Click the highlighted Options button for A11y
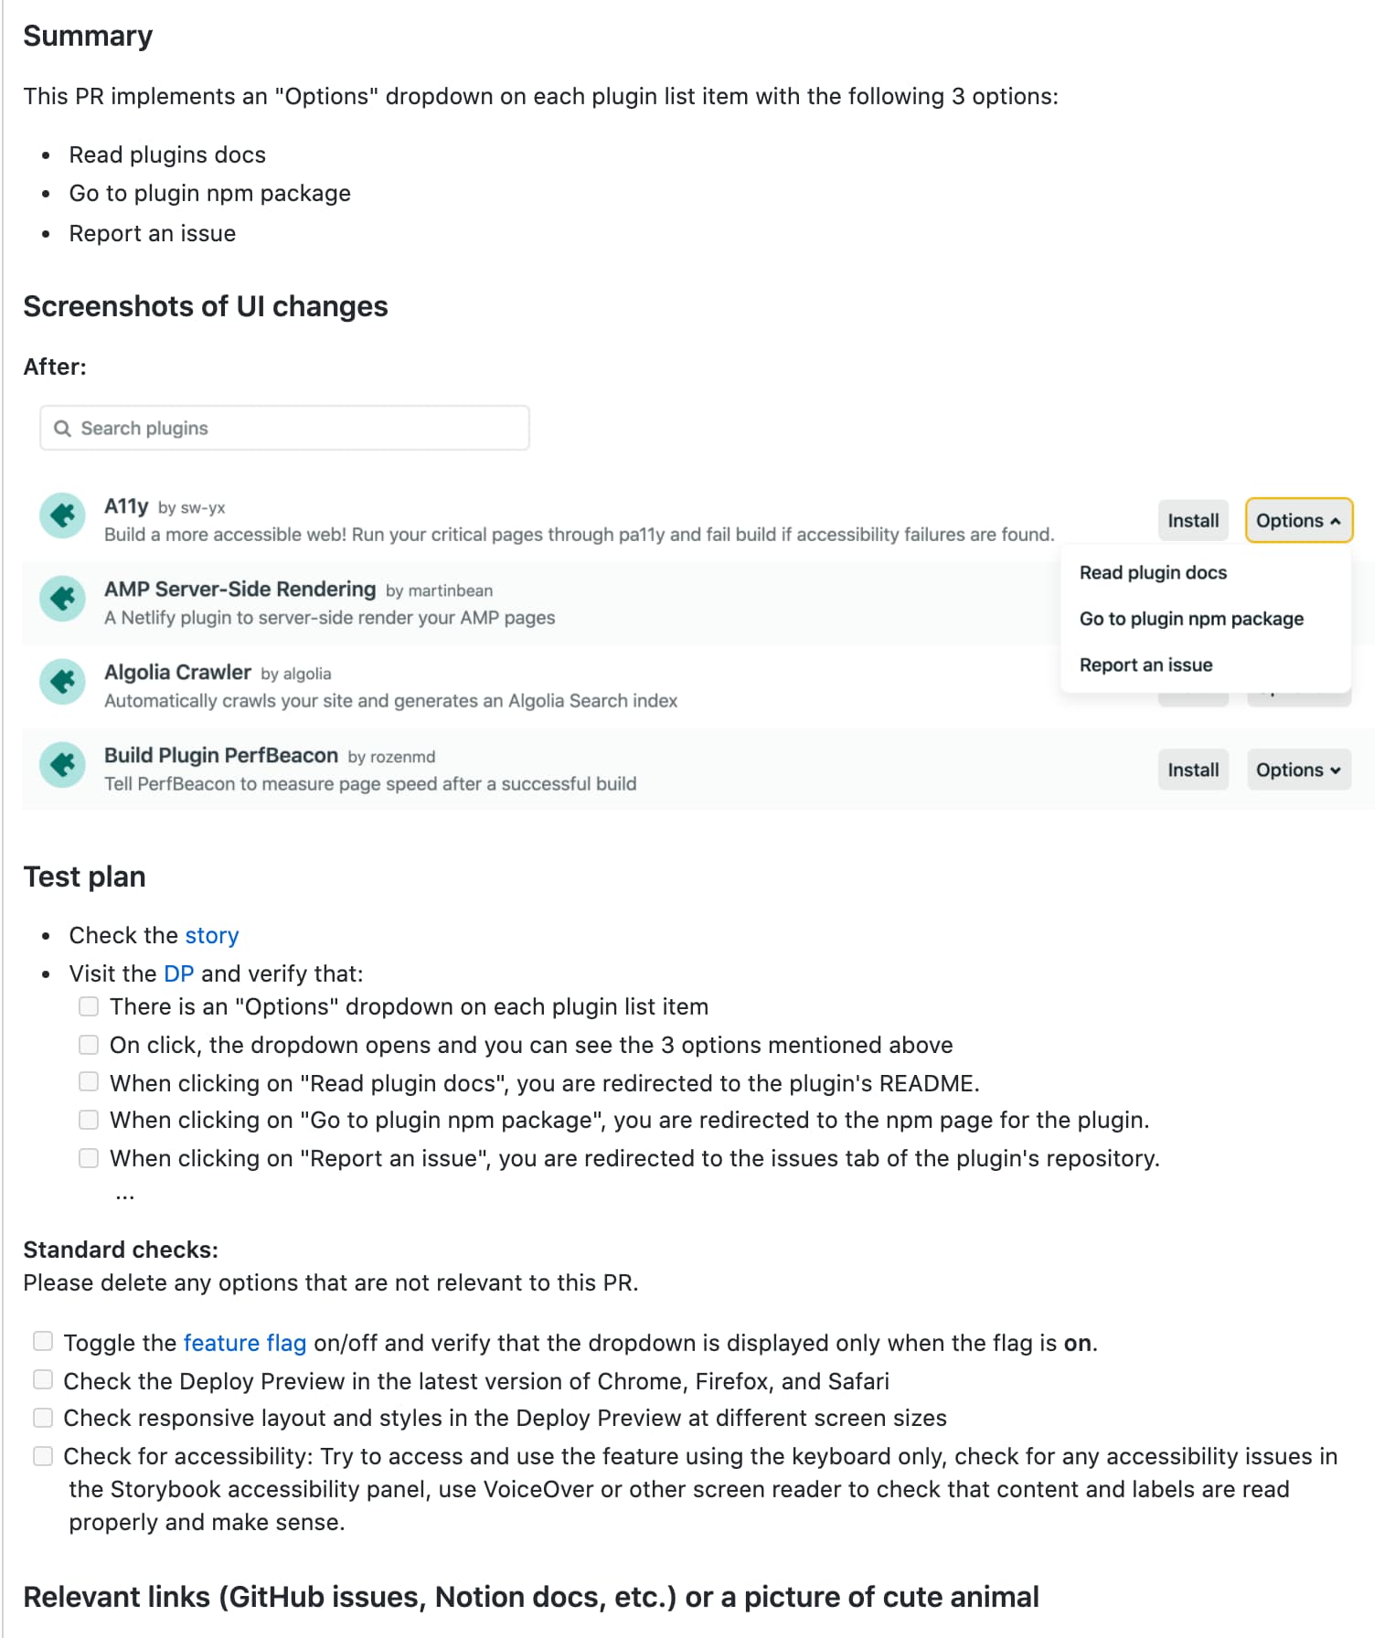1298,520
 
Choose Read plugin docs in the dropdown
1153,572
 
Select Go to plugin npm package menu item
1191,619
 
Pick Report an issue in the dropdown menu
1145,665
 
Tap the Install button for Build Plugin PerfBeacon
1193,770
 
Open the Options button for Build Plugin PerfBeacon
1298,770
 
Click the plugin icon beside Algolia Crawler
63,681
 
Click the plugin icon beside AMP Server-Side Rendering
63,598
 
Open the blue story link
211,935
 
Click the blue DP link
178,973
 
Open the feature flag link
244,1343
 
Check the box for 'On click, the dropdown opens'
89,1045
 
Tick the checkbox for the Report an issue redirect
89,1158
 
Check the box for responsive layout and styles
43,1418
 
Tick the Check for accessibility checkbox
43,1456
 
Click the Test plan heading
84,877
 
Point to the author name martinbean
450,590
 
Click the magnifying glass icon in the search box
62,429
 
